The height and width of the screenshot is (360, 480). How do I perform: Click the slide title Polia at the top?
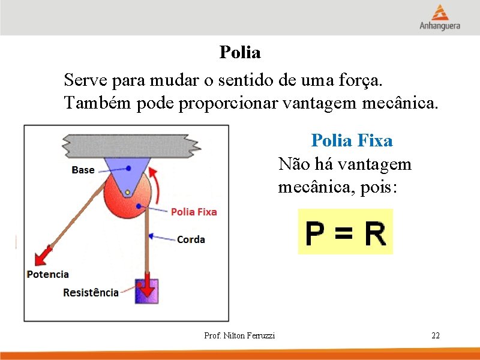tap(240, 53)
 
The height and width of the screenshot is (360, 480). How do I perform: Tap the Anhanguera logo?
tap(440, 17)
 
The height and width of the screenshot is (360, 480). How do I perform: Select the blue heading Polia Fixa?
tap(352, 141)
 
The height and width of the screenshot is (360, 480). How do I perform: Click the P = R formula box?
tap(346, 232)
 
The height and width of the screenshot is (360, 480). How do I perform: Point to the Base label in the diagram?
tap(83, 170)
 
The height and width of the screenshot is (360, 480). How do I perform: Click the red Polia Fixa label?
tap(194, 212)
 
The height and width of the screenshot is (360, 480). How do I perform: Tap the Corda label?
tap(191, 239)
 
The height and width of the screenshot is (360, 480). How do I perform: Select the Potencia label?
tap(48, 274)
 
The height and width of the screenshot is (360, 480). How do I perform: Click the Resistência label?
tap(91, 293)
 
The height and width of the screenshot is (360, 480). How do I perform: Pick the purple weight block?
tap(146, 290)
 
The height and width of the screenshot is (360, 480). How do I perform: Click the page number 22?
tap(436, 335)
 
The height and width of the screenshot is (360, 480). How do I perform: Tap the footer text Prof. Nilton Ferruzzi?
tap(239, 335)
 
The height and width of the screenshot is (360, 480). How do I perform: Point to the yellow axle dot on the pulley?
tap(127, 193)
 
